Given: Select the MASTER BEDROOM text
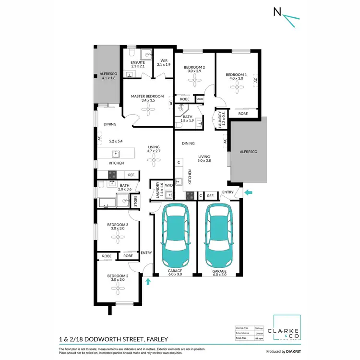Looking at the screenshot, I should coord(147,96).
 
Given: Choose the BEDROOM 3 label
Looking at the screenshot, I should coord(118,225).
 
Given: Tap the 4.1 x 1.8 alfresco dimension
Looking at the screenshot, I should coord(108,78).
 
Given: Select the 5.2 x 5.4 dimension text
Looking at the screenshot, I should coord(116,141).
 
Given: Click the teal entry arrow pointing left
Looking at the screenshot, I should coord(248,192).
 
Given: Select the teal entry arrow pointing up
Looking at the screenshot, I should coord(148,281).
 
